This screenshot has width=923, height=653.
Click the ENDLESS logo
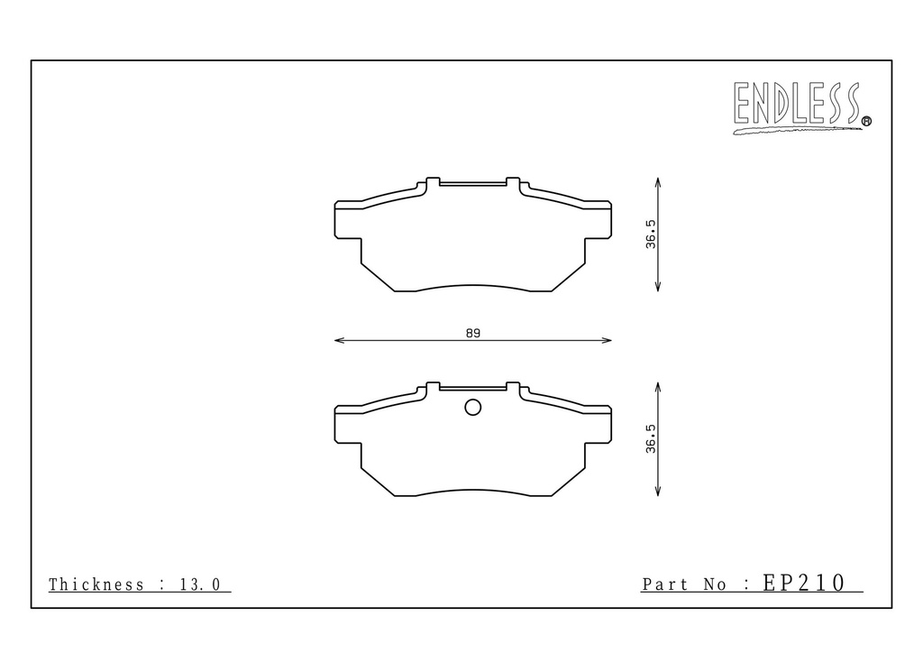tap(798, 106)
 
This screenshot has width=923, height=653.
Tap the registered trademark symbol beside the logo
tap(866, 121)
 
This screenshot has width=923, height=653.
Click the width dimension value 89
tap(472, 334)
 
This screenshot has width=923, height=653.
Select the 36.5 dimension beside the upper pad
tap(651, 235)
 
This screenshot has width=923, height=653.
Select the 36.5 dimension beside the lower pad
tap(651, 438)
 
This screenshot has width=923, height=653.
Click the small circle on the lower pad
tap(472, 407)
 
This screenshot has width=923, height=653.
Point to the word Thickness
tap(96, 584)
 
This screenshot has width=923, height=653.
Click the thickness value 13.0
tap(200, 584)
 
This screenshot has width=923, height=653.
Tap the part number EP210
tap(803, 583)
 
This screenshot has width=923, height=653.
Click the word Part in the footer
tap(665, 584)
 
